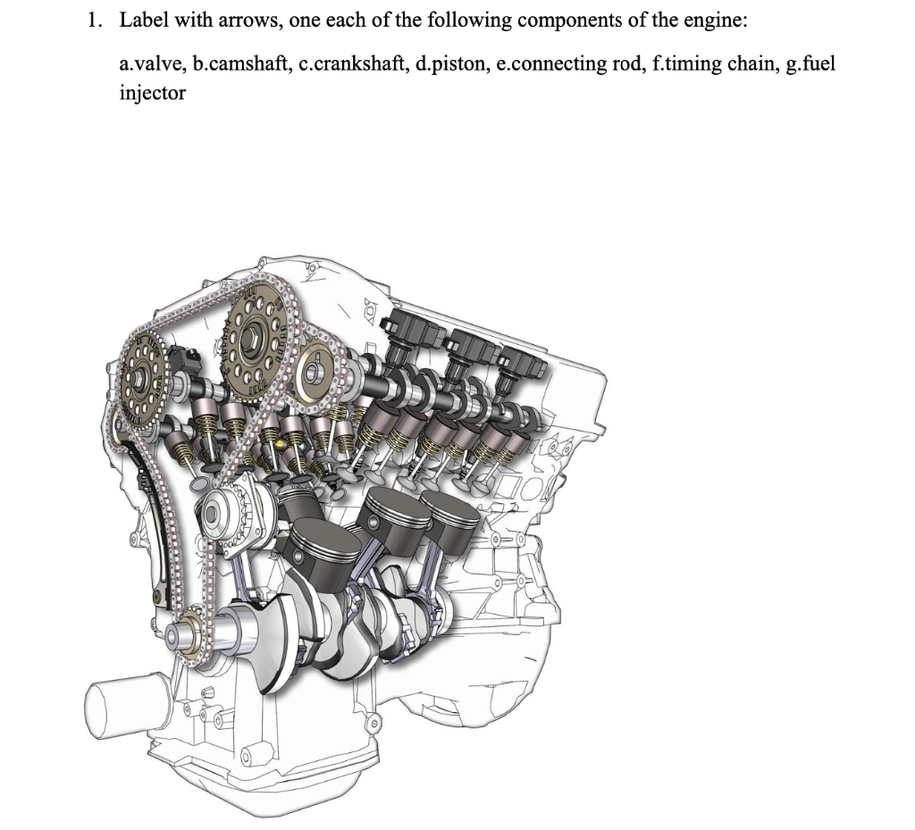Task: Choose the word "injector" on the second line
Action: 152,93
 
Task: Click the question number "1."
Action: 96,21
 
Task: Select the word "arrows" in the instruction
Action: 250,21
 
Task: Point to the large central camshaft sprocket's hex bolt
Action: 253,337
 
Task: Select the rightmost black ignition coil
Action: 521,365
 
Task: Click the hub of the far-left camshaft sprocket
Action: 139,379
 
